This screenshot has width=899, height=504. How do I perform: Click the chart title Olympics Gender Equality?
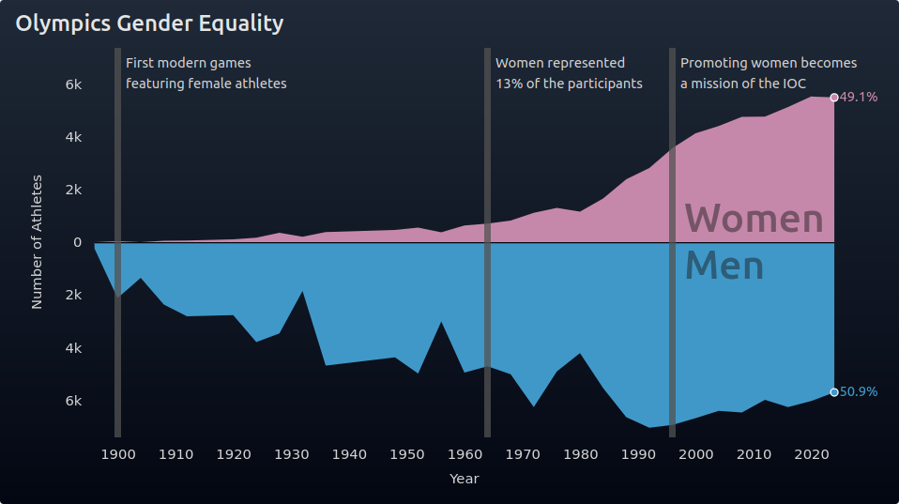(149, 23)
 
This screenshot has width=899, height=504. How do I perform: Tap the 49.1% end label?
(859, 98)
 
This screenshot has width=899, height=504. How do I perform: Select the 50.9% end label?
(859, 392)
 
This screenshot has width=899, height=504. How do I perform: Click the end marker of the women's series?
(834, 98)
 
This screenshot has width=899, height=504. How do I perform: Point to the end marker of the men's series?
(834, 392)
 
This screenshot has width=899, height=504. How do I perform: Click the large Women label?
(754, 219)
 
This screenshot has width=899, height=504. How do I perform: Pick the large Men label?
(724, 266)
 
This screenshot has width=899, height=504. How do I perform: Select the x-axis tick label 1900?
(117, 455)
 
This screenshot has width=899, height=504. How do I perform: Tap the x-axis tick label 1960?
(465, 455)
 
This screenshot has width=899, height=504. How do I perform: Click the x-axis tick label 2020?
(812, 455)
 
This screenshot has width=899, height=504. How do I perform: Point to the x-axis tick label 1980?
(581, 455)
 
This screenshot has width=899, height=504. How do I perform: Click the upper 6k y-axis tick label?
(74, 84)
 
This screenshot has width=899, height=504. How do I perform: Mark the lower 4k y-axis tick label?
(74, 348)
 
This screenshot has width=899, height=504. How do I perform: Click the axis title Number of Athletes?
(38, 242)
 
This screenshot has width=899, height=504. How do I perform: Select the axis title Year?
(465, 480)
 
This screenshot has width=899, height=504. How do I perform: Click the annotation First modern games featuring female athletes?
(206, 73)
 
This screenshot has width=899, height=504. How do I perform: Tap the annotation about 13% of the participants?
(569, 73)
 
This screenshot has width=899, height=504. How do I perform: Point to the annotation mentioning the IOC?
(769, 73)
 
